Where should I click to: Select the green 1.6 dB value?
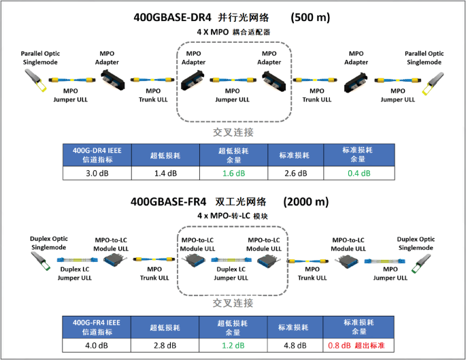(x=234, y=174)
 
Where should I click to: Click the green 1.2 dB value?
(x=234, y=345)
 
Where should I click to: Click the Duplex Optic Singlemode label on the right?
(x=417, y=244)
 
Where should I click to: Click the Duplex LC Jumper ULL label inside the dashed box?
(x=232, y=274)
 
